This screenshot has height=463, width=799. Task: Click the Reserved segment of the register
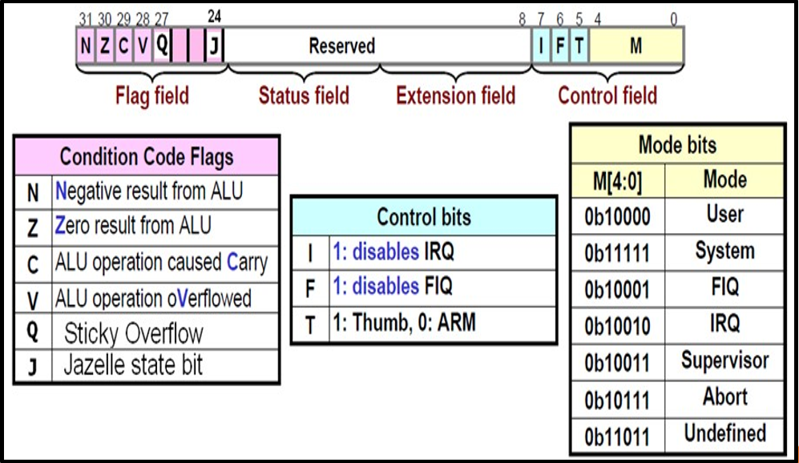tap(342, 46)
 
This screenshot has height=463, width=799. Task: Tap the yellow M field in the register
tap(636, 46)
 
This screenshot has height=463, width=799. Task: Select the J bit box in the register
tap(213, 46)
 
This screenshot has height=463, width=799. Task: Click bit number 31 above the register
tap(86, 18)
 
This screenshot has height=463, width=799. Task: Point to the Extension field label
tap(455, 96)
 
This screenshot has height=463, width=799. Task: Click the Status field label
tap(304, 96)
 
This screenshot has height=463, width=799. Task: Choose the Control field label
tap(607, 96)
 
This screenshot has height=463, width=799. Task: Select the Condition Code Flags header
tap(147, 156)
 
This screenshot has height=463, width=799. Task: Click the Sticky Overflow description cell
tap(133, 332)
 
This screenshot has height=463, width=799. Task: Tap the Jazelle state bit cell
tap(133, 365)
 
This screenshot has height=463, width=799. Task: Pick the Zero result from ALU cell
tap(133, 226)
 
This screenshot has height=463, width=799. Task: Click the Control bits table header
tap(423, 217)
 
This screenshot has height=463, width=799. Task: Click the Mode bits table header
tap(677, 146)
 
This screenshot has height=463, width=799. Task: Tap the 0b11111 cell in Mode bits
tap(617, 252)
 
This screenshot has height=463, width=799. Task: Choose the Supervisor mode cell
tap(724, 360)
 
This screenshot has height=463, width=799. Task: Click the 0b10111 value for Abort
tap(617, 398)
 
